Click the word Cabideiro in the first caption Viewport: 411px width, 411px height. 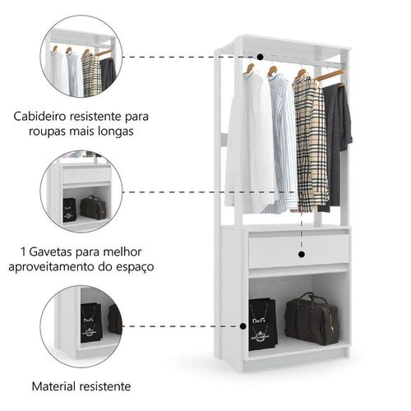(40, 117)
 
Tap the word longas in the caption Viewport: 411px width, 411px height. (116, 132)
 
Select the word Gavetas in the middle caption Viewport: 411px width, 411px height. (51, 252)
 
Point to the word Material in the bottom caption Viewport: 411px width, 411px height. (53, 386)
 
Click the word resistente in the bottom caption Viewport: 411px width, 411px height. (105, 386)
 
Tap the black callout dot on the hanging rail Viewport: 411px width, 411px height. (261, 57)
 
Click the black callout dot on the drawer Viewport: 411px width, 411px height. (302, 255)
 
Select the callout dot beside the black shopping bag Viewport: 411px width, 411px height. (242, 326)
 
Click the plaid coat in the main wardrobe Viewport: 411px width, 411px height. (311, 142)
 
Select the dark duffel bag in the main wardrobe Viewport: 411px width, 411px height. (312, 319)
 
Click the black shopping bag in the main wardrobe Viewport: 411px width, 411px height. (262, 324)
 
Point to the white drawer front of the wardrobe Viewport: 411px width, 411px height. (299, 251)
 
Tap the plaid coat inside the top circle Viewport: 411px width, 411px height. (91, 74)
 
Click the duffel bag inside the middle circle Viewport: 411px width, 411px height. (93, 207)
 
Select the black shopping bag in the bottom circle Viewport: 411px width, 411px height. (91, 322)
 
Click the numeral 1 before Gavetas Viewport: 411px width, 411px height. (23, 252)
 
